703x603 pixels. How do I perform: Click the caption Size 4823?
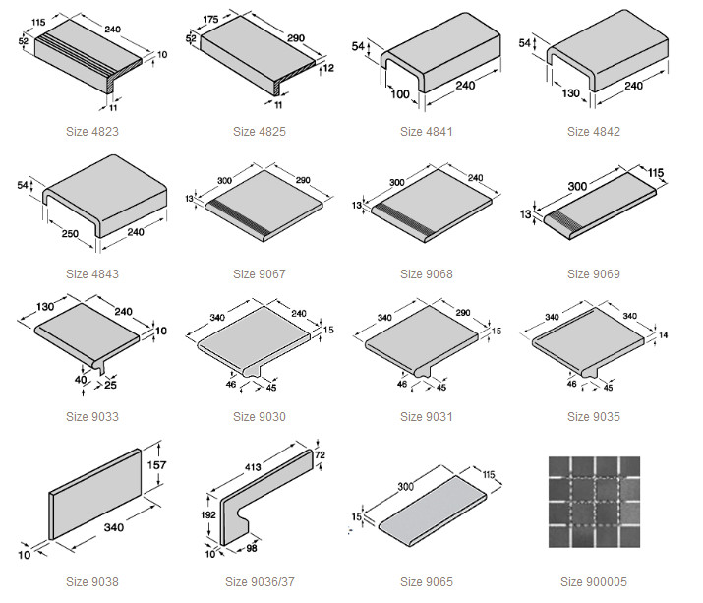coord(92,132)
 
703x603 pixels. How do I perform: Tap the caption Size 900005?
coord(594,582)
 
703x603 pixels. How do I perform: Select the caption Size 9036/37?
coord(260,582)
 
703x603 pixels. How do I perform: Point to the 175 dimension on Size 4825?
coord(210,20)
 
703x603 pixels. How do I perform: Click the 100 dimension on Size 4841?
coord(400,94)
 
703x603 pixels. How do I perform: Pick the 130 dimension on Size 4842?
coord(570,93)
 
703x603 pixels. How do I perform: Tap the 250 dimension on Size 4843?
coord(70,234)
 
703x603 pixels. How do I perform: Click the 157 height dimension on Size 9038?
coord(156,465)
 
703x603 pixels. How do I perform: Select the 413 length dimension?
coord(253,467)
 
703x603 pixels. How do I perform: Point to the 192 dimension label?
coord(208,514)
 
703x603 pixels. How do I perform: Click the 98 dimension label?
coord(252,548)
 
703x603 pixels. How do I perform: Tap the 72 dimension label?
coord(320,454)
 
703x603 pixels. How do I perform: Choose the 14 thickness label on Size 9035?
coord(663,335)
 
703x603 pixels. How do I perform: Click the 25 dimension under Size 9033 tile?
coord(110,385)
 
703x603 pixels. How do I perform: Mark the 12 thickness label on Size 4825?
coord(328,68)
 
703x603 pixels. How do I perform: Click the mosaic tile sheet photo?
coord(594,502)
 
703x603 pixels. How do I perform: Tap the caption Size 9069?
coord(594,274)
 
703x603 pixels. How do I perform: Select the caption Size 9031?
coord(427,417)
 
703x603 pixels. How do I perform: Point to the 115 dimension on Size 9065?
coord(489,474)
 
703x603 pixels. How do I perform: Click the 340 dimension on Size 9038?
coord(114,527)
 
